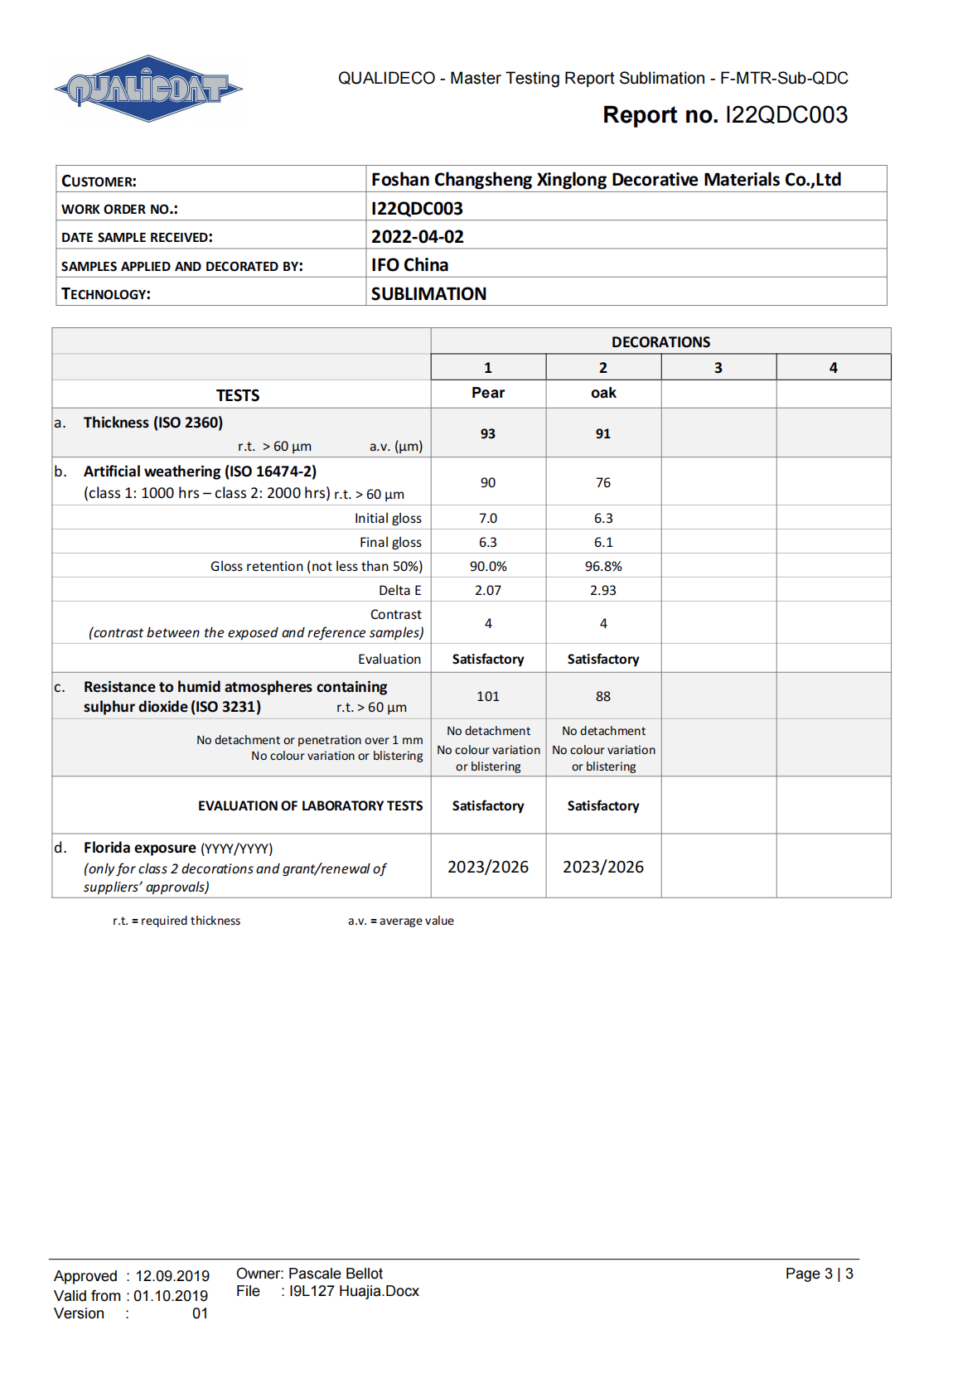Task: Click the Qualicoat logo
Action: coord(148,89)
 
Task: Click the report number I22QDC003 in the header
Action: coord(786,115)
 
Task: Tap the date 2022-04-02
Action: coord(417,237)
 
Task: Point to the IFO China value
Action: coord(409,265)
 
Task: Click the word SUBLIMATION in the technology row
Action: coord(428,294)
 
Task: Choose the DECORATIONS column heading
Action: coord(660,342)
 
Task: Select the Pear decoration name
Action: coord(488,393)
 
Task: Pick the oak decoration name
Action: coord(603,393)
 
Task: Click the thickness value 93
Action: coord(488,433)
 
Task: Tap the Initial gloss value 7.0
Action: coord(488,518)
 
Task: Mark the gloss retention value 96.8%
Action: coord(603,566)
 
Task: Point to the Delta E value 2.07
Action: coord(488,590)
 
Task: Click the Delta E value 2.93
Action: coord(603,590)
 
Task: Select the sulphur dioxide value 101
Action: coord(488,696)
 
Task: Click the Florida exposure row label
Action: coord(139,848)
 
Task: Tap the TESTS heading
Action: coord(238,395)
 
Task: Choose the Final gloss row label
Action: coord(390,542)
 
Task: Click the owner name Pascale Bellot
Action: coord(336,1274)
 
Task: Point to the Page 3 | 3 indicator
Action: coord(819,1274)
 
